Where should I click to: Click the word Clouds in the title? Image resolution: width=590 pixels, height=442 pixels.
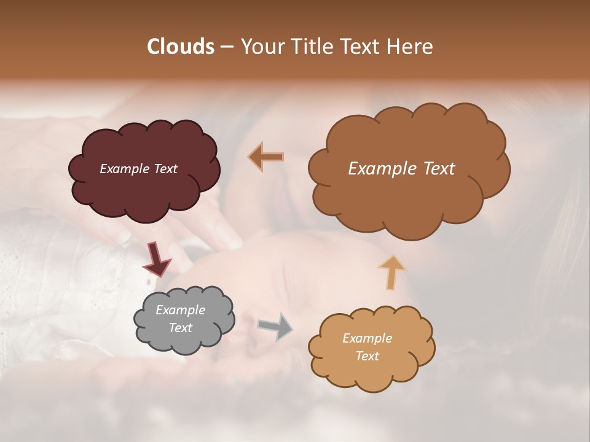180,47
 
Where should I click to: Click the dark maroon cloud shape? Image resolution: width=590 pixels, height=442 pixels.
144,184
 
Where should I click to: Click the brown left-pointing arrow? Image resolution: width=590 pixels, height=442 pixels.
265,157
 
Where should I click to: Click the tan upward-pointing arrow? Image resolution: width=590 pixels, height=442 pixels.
391,272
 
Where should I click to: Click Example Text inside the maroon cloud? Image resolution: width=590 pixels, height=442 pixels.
138,169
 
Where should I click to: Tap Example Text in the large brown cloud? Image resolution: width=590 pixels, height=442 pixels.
401,169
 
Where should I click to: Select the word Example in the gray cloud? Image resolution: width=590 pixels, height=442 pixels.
180,310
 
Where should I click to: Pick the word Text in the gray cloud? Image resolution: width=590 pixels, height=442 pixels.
180,328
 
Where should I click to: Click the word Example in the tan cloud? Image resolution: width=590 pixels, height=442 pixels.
367,338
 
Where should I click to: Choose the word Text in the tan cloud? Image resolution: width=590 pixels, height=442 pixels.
367,356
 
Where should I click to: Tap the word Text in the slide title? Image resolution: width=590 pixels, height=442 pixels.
362,47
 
